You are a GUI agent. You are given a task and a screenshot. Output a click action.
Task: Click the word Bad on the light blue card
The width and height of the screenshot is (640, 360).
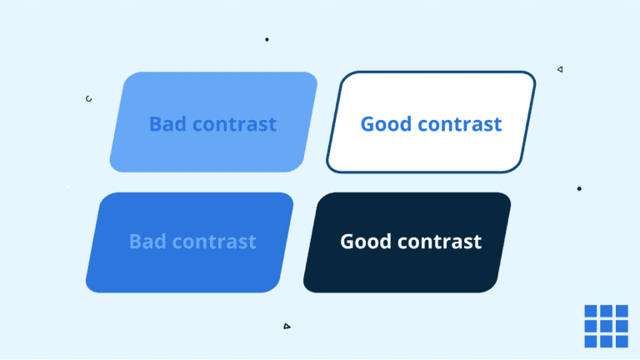(x=168, y=124)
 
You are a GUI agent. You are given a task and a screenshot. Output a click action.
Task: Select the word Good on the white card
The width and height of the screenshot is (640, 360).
(x=386, y=124)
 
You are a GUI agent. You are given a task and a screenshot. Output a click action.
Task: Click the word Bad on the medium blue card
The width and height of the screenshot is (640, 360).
(x=148, y=242)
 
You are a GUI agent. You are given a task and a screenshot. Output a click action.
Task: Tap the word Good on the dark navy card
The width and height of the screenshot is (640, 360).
(x=366, y=242)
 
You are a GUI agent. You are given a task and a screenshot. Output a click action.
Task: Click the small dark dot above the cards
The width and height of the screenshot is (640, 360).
(x=267, y=39)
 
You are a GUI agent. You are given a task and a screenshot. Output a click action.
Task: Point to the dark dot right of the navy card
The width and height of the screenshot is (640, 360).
(x=579, y=188)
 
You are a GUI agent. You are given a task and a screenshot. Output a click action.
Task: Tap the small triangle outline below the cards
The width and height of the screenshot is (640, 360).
(x=287, y=326)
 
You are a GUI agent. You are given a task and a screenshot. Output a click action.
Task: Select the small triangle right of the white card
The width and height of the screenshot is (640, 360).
(x=560, y=69)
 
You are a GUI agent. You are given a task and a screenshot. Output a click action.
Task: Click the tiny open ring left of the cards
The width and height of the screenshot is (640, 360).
(x=88, y=98)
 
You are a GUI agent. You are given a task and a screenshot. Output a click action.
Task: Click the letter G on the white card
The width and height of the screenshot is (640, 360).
(x=367, y=124)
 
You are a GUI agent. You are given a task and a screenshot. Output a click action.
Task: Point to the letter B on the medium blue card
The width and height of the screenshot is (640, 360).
(x=135, y=242)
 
